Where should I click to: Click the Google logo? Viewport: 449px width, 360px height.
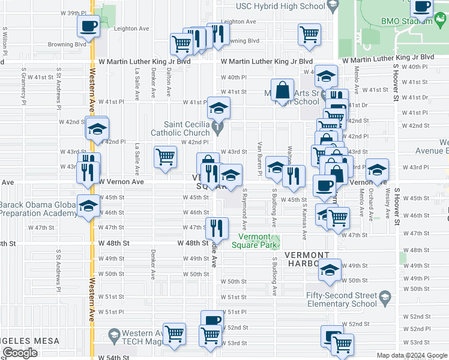(20, 353)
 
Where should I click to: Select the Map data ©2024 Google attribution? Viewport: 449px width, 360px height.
(412, 355)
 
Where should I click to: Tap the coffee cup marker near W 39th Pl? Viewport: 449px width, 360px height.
(88, 26)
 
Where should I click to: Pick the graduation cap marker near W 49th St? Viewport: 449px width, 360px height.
(330, 271)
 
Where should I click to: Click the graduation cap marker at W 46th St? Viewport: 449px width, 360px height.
(88, 205)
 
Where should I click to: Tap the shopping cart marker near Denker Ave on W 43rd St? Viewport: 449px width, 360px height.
(165, 157)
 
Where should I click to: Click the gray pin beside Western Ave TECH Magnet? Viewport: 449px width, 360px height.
(112, 334)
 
